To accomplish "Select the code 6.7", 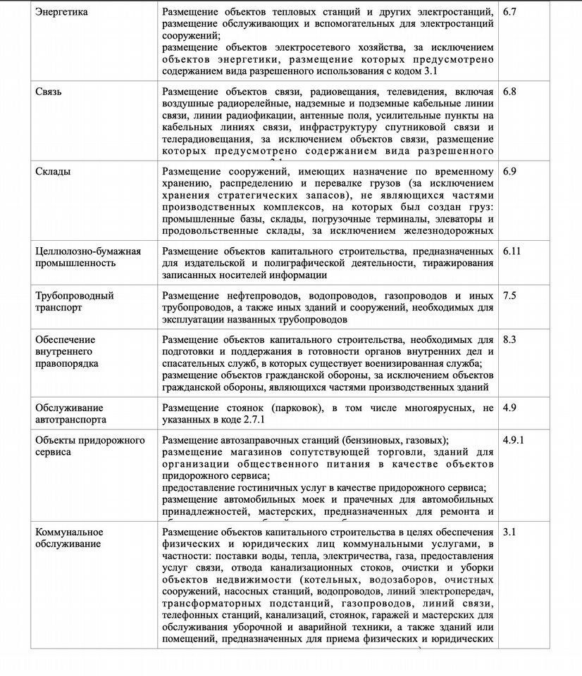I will [x=510, y=12].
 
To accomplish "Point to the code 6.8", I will [x=510, y=92].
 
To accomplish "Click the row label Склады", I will [x=53, y=171].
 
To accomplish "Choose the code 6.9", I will [x=510, y=171].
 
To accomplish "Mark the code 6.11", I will [x=513, y=251].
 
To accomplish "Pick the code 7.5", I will [x=510, y=295].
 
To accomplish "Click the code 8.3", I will [x=510, y=339].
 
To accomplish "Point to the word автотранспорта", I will [x=70, y=420].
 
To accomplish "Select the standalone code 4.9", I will [x=510, y=407].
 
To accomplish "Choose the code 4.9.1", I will [x=514, y=439].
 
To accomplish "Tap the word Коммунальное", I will [x=69, y=532].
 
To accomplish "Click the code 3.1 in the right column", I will [x=510, y=532].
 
